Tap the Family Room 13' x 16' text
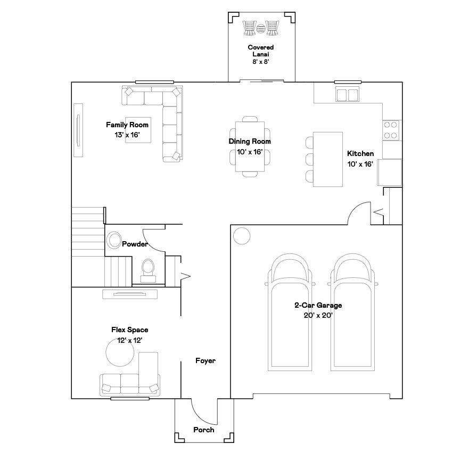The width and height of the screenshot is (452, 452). [x=127, y=130]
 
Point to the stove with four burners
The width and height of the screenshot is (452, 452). [x=391, y=129]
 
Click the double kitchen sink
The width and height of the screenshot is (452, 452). [x=347, y=95]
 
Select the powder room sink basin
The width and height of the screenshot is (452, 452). [x=113, y=241]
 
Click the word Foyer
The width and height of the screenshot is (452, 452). [x=206, y=361]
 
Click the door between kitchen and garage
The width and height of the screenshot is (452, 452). [x=358, y=213]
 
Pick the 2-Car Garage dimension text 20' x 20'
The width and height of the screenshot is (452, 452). [x=318, y=315]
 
